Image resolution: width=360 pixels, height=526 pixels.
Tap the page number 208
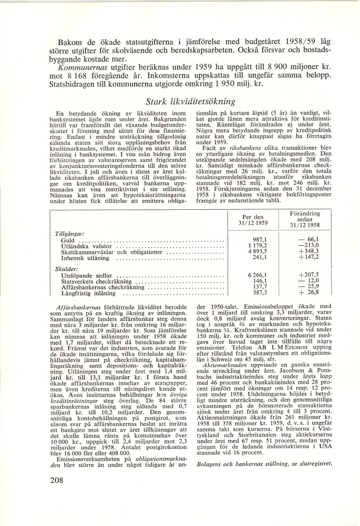pos(57,480)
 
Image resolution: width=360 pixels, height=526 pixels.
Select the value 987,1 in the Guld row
pos(258,240)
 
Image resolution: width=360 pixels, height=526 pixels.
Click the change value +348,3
pos(308,252)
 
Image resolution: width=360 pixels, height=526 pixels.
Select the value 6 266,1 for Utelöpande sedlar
pos(255,275)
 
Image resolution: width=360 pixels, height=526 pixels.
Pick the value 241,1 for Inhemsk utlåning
pos(258,258)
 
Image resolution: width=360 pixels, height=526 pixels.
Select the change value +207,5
pos(309,275)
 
